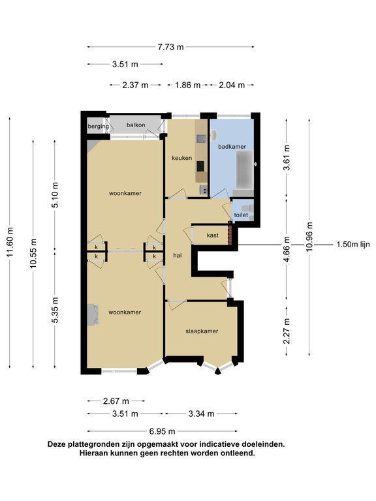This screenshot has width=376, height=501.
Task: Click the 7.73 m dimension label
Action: click(171, 47)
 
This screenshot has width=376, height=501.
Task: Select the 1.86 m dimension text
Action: click(188, 85)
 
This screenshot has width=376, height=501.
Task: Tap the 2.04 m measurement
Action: click(232, 85)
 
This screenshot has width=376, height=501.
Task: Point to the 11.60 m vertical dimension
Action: click(10, 242)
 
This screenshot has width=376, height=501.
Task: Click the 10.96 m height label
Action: click(309, 236)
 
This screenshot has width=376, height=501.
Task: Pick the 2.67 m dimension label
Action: click(116, 401)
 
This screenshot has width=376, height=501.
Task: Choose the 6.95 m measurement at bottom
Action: click(163, 431)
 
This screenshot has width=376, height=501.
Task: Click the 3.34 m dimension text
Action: click(201, 414)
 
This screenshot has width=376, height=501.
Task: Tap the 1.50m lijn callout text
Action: click(353, 245)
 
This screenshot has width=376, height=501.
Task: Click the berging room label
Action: click(98, 127)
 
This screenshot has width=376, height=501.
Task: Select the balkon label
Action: click(136, 125)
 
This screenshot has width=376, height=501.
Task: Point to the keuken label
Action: click(182, 158)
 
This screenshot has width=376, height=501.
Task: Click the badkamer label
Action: click(232, 147)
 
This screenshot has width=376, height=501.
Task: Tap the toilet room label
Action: click(241, 215)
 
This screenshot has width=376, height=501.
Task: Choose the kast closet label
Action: click(213, 235)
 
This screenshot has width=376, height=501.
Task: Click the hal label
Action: click(178, 255)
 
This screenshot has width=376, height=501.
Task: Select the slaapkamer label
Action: click(202, 331)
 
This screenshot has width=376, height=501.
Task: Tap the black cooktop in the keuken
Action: click(200, 166)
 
